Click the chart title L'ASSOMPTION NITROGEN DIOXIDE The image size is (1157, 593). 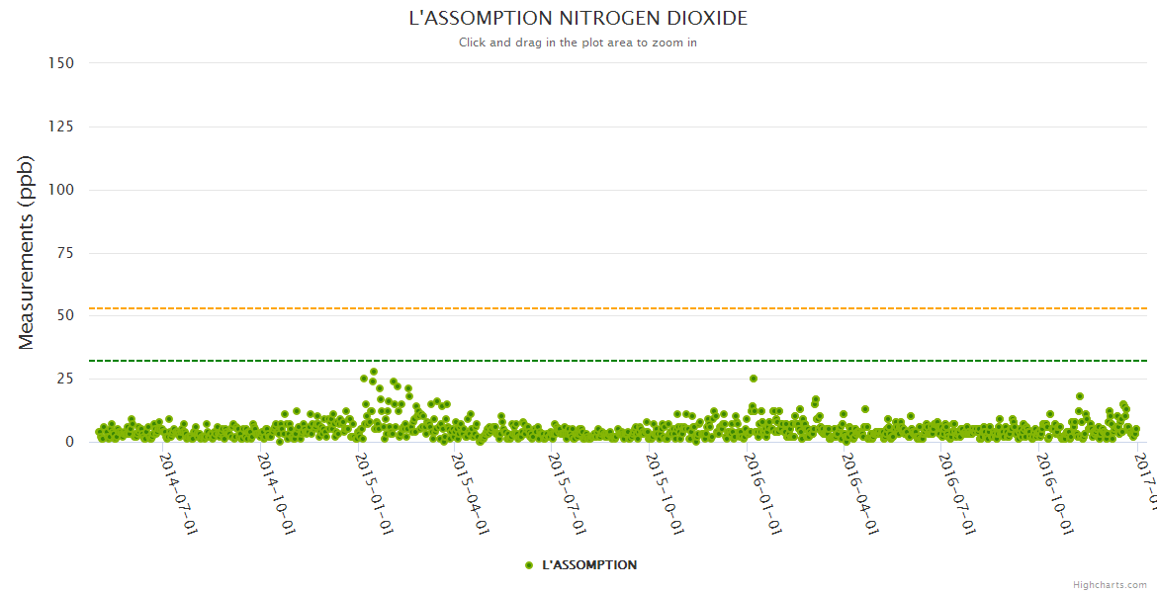(578, 19)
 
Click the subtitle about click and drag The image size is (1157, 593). (578, 42)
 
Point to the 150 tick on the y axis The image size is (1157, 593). (61, 63)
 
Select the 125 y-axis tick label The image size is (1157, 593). (61, 127)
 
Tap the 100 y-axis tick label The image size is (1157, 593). (61, 190)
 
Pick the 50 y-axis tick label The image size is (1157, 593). (65, 315)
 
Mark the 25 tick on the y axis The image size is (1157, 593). (65, 379)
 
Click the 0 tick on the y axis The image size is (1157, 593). (69, 442)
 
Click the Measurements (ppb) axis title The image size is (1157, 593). (27, 252)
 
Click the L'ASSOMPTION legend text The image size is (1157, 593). (589, 565)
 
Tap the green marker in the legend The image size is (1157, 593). (529, 565)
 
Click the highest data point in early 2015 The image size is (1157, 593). (374, 372)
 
